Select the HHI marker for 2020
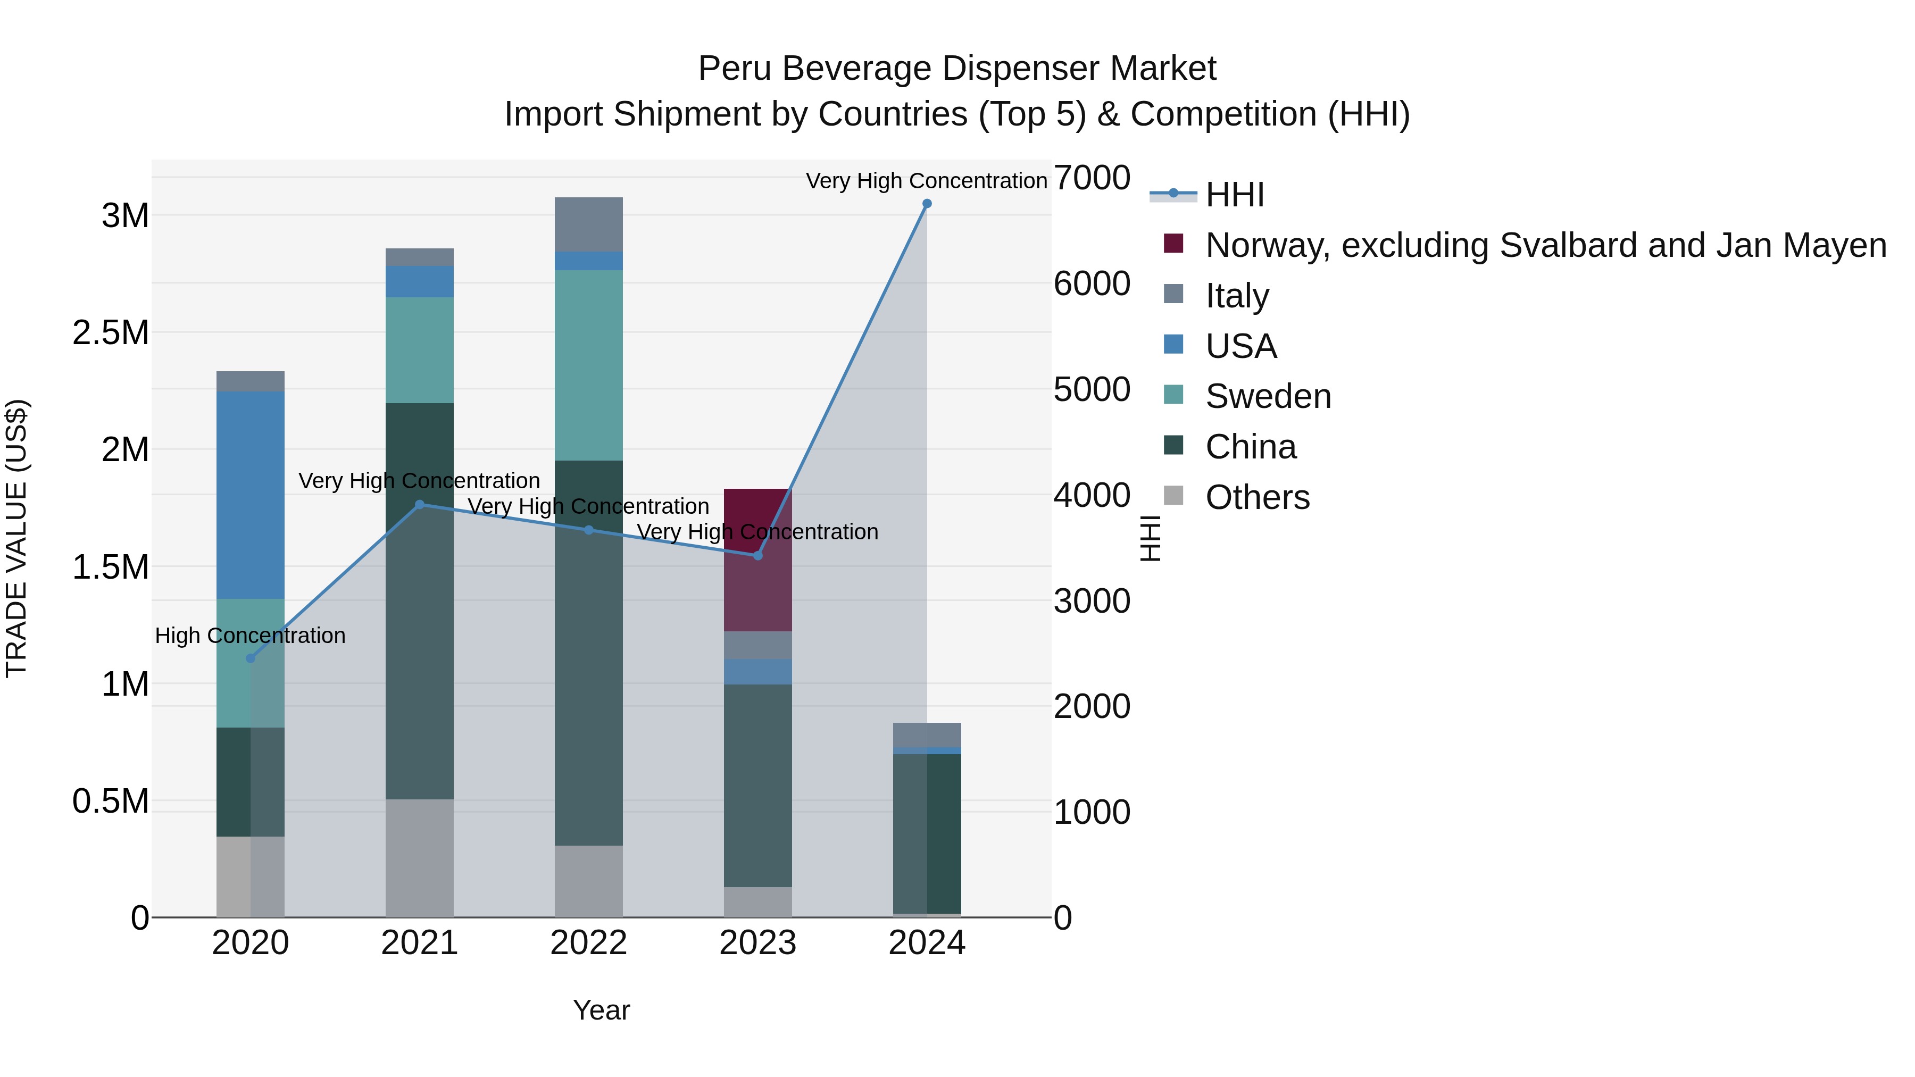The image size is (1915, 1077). [x=251, y=658]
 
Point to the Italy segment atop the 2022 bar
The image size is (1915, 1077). [x=589, y=224]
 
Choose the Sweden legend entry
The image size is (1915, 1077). [x=1268, y=396]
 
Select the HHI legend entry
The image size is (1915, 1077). [x=1234, y=195]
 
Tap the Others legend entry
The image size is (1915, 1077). [x=1256, y=497]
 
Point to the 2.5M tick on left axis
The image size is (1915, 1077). [x=111, y=333]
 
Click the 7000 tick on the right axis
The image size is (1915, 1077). [x=1092, y=178]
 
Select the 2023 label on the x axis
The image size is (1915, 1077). [x=757, y=943]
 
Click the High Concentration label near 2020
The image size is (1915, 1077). [x=251, y=636]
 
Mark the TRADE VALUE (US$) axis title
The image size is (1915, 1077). [x=16, y=538]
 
